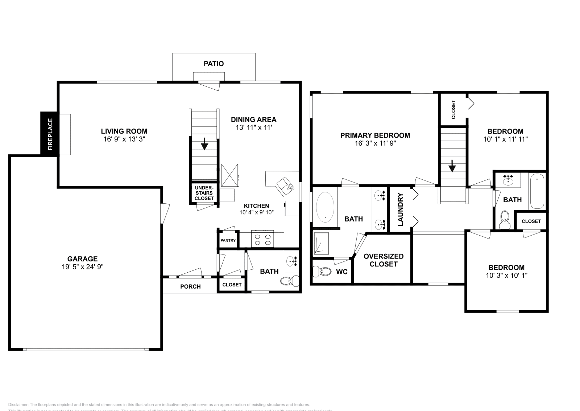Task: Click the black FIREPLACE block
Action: (x=49, y=134)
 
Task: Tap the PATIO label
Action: (x=214, y=64)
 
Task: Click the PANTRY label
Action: (x=228, y=240)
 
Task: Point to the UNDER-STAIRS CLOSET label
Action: (x=204, y=193)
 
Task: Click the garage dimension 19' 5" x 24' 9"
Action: (x=82, y=267)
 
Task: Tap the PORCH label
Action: (x=190, y=286)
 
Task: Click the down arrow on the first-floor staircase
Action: (x=204, y=144)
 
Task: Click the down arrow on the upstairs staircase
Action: (x=452, y=167)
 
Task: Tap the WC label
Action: (x=341, y=272)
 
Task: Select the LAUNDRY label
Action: (x=401, y=209)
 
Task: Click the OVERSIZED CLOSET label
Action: (x=383, y=260)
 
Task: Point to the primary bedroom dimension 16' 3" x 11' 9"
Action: (x=375, y=143)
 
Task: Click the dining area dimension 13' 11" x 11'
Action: (x=253, y=127)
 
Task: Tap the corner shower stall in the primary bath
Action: (x=321, y=243)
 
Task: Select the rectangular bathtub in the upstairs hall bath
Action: (x=537, y=191)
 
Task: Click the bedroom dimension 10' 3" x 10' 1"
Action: (x=506, y=276)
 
